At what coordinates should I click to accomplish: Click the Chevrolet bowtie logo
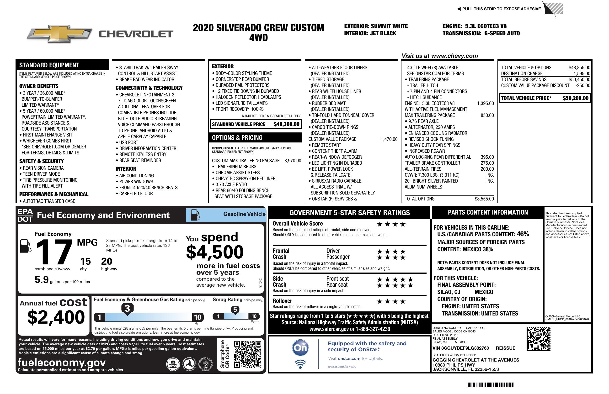click(x=59, y=34)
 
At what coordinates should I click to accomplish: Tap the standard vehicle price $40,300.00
click(x=286, y=124)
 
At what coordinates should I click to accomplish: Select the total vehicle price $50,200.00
click(x=575, y=98)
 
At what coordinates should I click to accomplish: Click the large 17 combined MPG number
click(x=54, y=252)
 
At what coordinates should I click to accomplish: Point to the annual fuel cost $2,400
click(x=56, y=317)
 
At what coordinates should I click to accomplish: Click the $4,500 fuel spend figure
click(x=215, y=252)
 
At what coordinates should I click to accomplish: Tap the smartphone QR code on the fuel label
click(x=247, y=354)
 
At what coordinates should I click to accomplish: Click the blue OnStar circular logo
click(x=300, y=347)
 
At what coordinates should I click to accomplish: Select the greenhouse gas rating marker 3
click(x=127, y=309)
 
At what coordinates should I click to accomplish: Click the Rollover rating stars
click(x=391, y=301)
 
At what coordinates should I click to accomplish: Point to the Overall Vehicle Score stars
click(x=391, y=224)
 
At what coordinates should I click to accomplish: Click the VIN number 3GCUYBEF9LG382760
click(x=461, y=348)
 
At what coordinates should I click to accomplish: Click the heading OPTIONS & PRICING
click(x=237, y=138)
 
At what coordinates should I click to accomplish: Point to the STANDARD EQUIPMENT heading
click(x=49, y=65)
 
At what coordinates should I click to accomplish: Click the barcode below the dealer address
click(x=490, y=385)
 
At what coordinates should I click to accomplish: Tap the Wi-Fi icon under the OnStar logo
click(x=300, y=364)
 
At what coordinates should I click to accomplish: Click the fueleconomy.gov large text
click(x=62, y=362)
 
